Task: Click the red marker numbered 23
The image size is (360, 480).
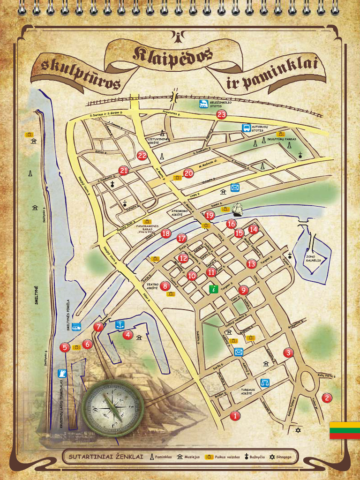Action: [x=221, y=114]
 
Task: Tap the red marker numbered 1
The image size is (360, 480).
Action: [x=235, y=415]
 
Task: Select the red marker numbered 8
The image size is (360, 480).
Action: [x=165, y=285]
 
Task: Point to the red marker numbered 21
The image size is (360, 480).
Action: [x=124, y=171]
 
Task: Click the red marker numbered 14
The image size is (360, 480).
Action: [x=253, y=229]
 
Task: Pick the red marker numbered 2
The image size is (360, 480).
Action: [x=327, y=398]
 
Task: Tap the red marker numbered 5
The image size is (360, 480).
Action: [x=65, y=347]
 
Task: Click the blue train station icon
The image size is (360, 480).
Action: [x=204, y=104]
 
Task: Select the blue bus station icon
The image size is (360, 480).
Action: [x=246, y=127]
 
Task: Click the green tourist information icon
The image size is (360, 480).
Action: [x=214, y=289]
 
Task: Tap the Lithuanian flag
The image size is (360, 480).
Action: [x=345, y=430]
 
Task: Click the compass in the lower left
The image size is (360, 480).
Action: [x=112, y=408]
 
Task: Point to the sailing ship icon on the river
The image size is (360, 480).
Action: [x=238, y=209]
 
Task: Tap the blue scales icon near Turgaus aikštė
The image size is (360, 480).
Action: [x=265, y=382]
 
